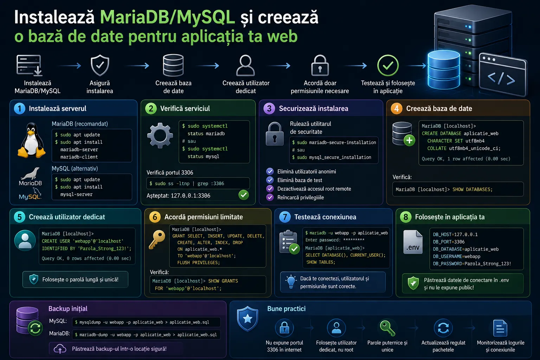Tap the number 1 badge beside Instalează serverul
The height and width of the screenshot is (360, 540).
[20, 109]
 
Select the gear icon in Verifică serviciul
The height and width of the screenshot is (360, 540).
[160, 135]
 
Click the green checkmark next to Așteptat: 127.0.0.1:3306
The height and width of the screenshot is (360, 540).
[244, 195]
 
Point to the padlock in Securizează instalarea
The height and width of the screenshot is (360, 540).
[275, 134]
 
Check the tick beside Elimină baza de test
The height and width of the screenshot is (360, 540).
[270, 180]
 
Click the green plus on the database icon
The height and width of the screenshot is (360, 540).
[409, 140]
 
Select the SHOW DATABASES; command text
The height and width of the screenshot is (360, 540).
[472, 189]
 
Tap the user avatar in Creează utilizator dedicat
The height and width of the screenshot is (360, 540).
[25, 240]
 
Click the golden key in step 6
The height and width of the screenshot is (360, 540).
[157, 239]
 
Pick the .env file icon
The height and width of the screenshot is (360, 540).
[413, 242]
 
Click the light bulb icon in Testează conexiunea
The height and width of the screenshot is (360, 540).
[291, 281]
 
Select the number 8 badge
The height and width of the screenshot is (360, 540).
[406, 217]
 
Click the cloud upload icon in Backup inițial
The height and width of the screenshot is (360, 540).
[60, 349]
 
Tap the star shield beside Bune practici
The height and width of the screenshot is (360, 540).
[247, 319]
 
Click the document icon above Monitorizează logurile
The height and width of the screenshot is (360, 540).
[500, 328]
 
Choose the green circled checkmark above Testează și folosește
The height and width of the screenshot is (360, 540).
[388, 66]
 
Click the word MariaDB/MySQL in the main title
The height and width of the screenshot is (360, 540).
[168, 17]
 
